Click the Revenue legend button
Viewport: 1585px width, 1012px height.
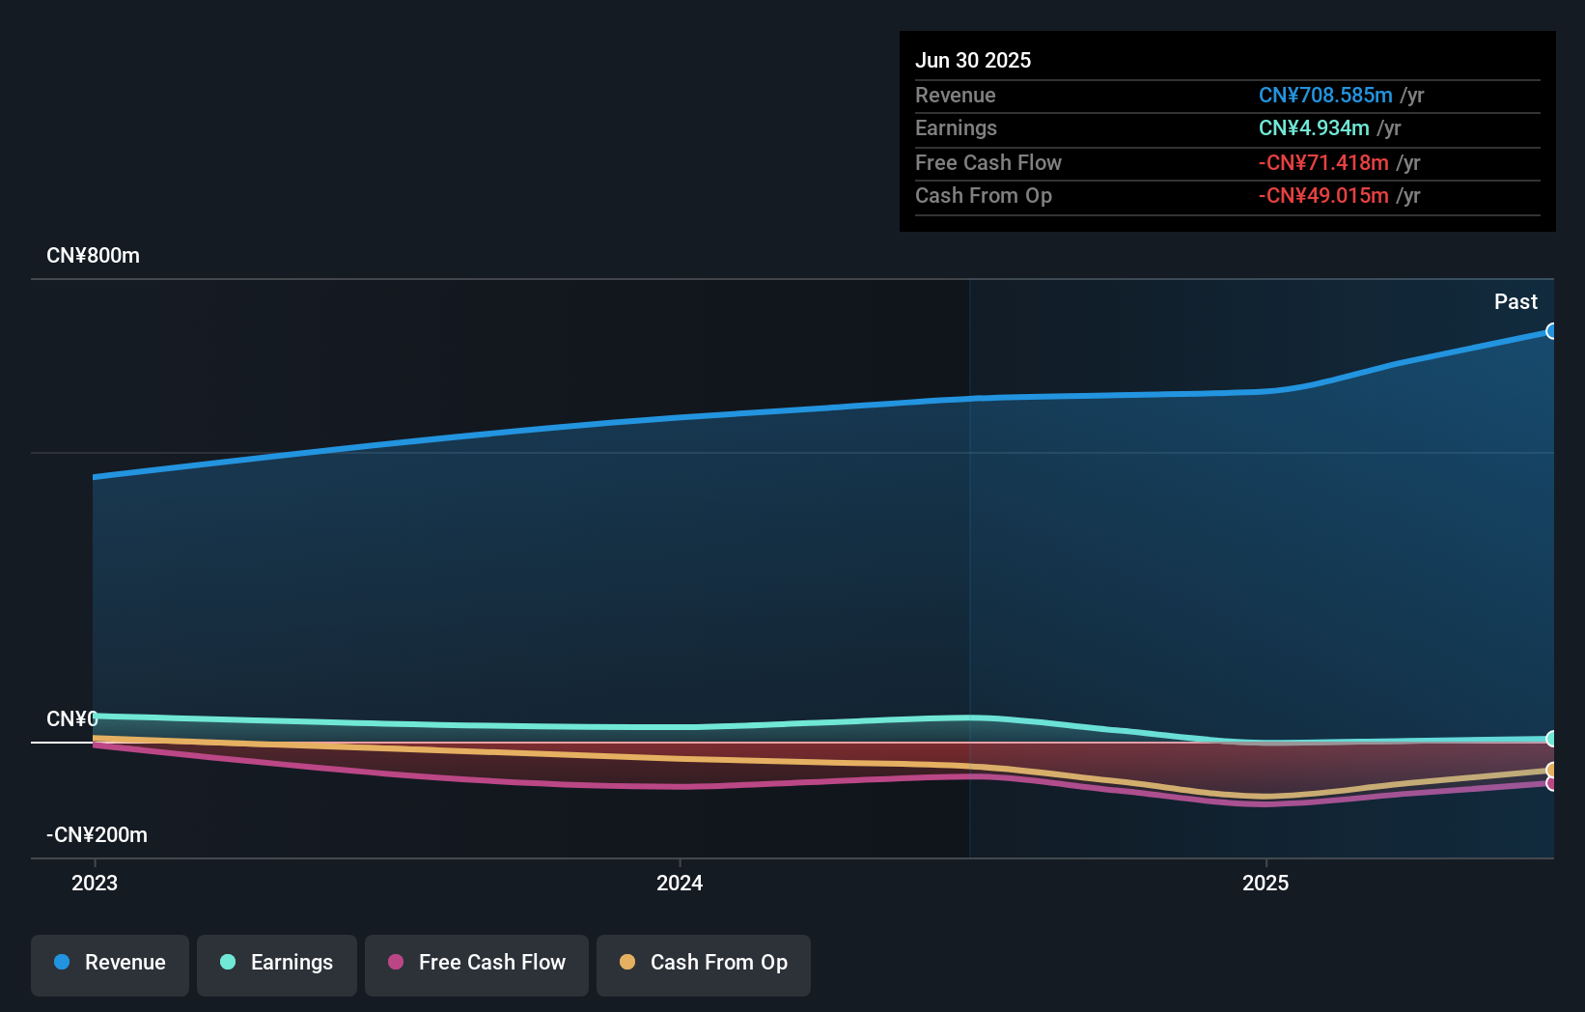(110, 964)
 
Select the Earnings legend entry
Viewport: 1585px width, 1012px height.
(277, 964)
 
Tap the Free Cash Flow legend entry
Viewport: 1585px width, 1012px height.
(477, 964)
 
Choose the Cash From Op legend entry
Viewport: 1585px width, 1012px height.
(704, 964)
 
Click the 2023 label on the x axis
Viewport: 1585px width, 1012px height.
(95, 884)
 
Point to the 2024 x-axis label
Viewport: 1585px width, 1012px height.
(680, 884)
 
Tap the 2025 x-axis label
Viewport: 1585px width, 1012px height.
(1265, 884)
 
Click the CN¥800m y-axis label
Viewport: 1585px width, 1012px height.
(93, 256)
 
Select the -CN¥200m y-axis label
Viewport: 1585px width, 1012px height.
(97, 835)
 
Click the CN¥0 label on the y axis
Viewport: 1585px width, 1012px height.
(71, 719)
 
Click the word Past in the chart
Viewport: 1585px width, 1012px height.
(1515, 302)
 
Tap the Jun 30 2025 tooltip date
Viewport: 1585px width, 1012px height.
(973, 61)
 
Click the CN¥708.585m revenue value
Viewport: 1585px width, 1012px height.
(1324, 96)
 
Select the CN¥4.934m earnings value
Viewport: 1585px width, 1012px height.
(1313, 128)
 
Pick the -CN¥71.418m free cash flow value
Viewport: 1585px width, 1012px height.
(1322, 163)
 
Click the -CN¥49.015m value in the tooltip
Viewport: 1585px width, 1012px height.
(1322, 196)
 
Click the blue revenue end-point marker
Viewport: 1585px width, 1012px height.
(1551, 331)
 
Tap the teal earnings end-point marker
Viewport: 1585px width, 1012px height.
(1551, 739)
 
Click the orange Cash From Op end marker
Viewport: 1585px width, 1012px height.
(1551, 770)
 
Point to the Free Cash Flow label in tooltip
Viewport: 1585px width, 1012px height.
(987, 163)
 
